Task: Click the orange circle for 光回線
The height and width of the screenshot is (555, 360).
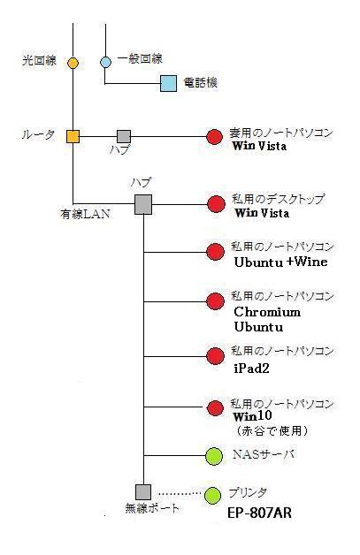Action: (73, 63)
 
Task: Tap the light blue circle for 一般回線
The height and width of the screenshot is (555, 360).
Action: (105, 62)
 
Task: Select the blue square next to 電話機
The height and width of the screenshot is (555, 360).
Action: (168, 84)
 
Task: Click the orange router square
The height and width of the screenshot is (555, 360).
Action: (73, 136)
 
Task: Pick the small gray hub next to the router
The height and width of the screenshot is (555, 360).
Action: (124, 137)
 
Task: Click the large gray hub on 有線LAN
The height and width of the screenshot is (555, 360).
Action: (143, 204)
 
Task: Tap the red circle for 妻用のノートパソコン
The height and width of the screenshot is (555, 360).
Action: (214, 137)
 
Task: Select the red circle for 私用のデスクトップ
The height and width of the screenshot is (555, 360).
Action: (216, 204)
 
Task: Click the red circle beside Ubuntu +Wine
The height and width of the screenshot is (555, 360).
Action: (216, 252)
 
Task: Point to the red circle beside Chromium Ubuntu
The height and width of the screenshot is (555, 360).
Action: (216, 301)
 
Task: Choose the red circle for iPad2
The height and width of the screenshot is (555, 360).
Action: (216, 356)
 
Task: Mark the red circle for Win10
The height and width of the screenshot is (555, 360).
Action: (215, 408)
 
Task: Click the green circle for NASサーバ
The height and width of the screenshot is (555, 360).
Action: (214, 456)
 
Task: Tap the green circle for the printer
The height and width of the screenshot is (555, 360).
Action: (213, 496)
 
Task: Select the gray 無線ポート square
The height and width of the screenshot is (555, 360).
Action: (143, 492)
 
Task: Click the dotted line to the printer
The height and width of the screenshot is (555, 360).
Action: (180, 493)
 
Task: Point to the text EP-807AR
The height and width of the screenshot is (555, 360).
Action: (259, 513)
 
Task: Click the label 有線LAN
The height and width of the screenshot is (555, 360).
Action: (85, 214)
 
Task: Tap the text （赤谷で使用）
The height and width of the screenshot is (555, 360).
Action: (271, 430)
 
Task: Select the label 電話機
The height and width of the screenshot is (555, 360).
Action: (200, 83)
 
